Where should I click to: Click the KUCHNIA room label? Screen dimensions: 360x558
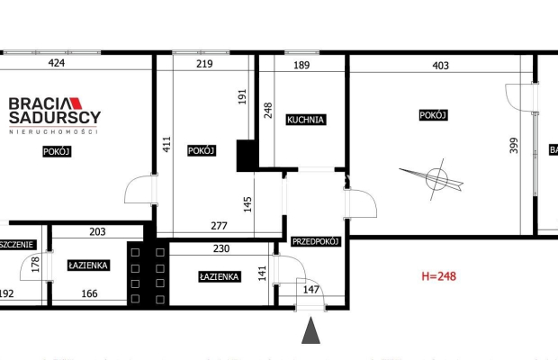click(x=305, y=120)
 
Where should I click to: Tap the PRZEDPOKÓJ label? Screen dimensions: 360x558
click(x=315, y=241)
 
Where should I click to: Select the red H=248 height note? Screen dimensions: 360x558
click(x=433, y=276)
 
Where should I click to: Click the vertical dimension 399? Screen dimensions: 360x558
click(x=515, y=145)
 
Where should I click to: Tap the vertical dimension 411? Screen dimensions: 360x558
click(x=166, y=145)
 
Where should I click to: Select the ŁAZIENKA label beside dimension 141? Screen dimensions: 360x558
click(x=219, y=276)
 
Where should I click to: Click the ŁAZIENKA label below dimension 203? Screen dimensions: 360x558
click(x=88, y=265)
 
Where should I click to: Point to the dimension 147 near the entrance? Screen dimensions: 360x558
click(x=310, y=290)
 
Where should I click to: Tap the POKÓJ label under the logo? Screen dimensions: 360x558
click(x=57, y=151)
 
